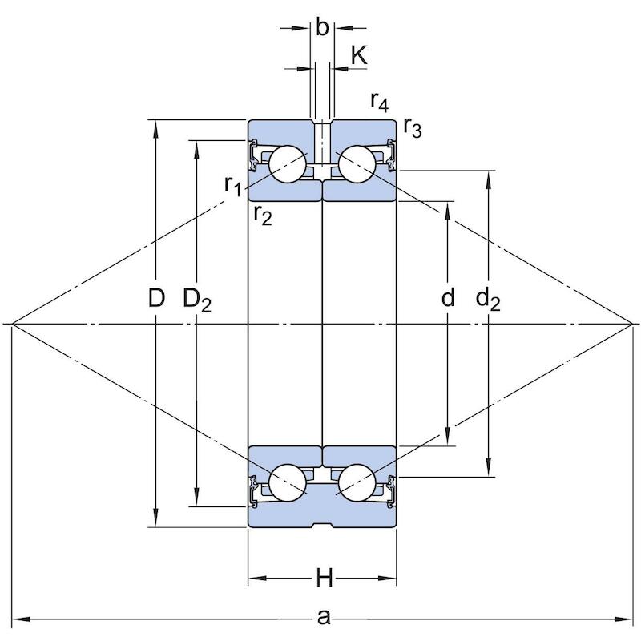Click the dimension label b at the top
tap(323, 28)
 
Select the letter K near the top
tap(359, 55)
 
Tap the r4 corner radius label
tap(379, 102)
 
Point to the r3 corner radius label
tap(412, 127)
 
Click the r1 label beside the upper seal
tap(233, 186)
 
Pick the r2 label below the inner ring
tap(263, 215)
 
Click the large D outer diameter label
tap(156, 297)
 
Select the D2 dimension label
tap(197, 300)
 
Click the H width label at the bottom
tap(325, 579)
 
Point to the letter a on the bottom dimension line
tap(324, 617)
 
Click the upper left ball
tap(288, 164)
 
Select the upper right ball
tap(357, 164)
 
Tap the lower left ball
tap(288, 483)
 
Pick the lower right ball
tap(357, 483)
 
